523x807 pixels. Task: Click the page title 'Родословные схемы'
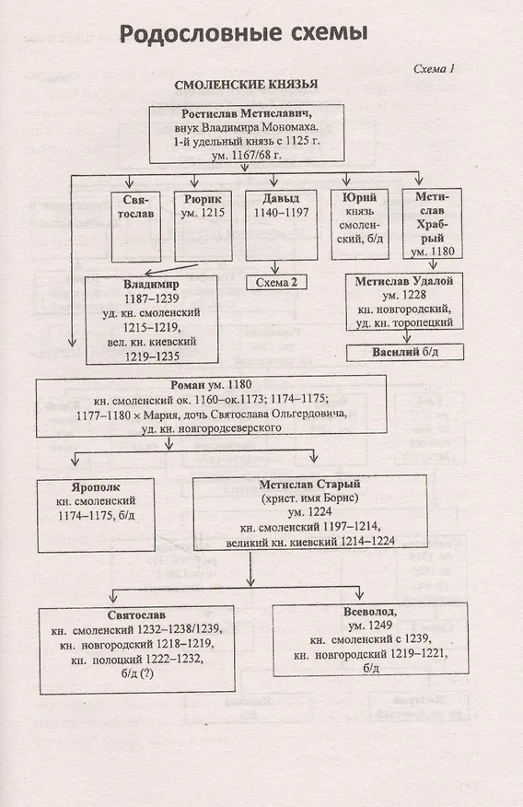[x=243, y=34]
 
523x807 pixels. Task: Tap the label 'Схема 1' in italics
[x=434, y=68]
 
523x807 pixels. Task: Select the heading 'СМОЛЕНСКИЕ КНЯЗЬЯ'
[x=246, y=85]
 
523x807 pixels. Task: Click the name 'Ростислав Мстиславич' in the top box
[x=247, y=113]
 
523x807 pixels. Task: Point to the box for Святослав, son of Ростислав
[x=135, y=227]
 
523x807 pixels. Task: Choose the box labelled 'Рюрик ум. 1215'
[x=203, y=227]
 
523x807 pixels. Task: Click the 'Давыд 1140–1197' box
[x=281, y=225]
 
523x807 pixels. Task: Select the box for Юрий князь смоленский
[x=359, y=225]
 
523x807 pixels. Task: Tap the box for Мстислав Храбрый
[x=432, y=223]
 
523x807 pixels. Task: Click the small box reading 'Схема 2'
[x=276, y=282]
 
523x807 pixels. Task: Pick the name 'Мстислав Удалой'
[x=404, y=281]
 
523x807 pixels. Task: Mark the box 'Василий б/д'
[x=405, y=353]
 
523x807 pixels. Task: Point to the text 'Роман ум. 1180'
[x=211, y=384]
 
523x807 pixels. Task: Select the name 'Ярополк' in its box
[x=96, y=487]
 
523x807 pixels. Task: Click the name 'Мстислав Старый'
[x=309, y=485]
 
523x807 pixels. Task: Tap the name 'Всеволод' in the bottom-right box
[x=369, y=612]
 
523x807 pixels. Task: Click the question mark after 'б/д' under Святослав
[x=149, y=673]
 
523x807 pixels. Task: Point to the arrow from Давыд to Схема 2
[x=275, y=268]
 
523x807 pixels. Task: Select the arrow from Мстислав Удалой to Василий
[x=407, y=336]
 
